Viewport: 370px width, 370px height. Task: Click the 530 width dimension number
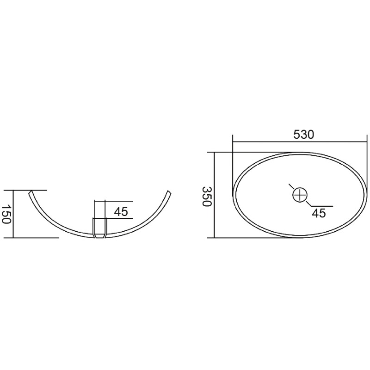click(x=304, y=135)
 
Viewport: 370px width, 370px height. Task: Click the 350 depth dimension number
click(x=207, y=196)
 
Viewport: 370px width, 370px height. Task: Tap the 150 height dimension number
click(x=6, y=214)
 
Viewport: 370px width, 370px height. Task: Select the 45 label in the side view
click(x=121, y=211)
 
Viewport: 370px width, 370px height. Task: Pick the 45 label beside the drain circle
click(x=319, y=213)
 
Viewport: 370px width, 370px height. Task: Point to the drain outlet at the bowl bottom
click(x=99, y=228)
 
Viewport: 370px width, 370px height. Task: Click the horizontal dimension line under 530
click(x=300, y=142)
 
